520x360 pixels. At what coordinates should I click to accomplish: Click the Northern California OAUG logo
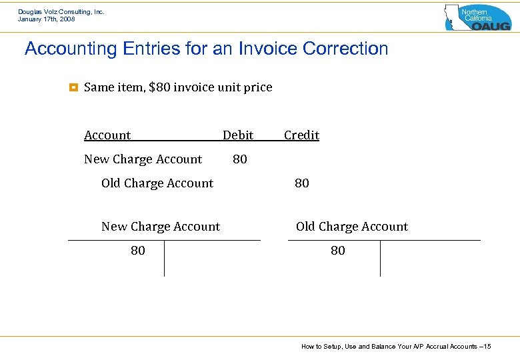tap(477, 17)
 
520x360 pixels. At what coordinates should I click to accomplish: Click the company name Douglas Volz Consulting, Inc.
tap(61, 12)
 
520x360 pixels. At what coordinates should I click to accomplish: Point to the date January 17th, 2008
tap(47, 19)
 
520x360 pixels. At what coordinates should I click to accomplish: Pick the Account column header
tap(107, 135)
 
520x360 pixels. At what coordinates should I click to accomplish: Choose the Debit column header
tap(238, 135)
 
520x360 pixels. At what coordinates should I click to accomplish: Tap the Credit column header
tap(301, 135)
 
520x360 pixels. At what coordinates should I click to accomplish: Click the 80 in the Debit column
tap(240, 159)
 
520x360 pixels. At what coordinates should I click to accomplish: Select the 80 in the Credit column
tap(302, 183)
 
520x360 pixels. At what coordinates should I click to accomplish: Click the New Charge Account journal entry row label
tap(143, 159)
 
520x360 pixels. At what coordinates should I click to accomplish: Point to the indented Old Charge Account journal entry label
tap(157, 183)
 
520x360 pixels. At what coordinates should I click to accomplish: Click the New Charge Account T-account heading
tap(160, 227)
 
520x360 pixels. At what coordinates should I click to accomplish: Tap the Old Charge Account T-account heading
tap(352, 227)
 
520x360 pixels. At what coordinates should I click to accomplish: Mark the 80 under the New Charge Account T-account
tap(138, 251)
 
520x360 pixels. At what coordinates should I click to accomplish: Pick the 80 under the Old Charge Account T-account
tap(338, 251)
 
